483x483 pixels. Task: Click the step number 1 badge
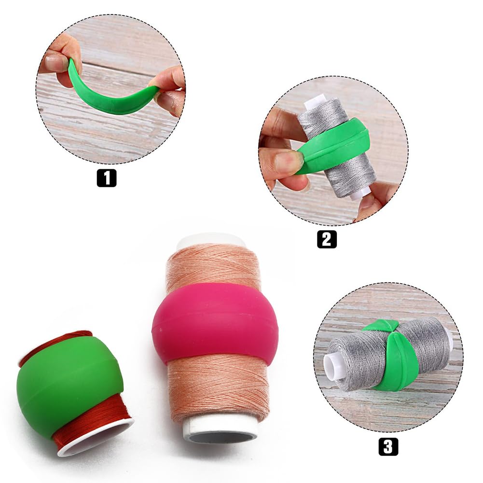pos(106,178)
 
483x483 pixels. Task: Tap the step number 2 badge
pos(327,239)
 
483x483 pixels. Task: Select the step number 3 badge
pos(388,446)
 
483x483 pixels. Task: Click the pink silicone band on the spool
pos(215,323)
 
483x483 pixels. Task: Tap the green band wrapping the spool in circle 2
pos(338,145)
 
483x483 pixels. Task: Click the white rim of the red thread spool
pos(97,439)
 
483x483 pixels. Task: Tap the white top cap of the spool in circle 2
pos(316,101)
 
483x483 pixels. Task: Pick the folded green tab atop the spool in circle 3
pos(381,326)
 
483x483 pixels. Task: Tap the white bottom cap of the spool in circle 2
pos(359,193)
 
